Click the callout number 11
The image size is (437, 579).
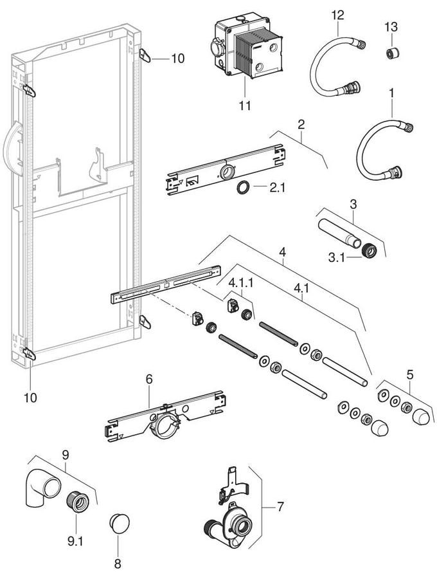click(x=245, y=105)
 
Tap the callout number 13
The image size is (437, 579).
click(x=391, y=27)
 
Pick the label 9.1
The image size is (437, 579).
click(x=76, y=542)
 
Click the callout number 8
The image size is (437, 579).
click(x=117, y=564)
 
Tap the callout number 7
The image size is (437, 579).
click(x=280, y=507)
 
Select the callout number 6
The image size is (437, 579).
click(x=149, y=380)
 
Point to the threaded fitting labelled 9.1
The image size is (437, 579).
click(x=76, y=502)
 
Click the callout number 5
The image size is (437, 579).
click(x=411, y=372)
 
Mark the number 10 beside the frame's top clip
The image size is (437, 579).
click(x=177, y=58)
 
